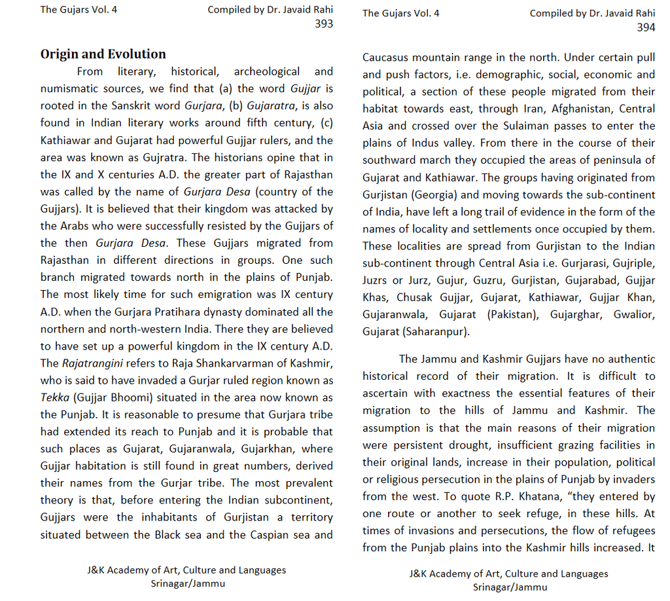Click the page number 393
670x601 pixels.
pyautogui.click(x=323, y=24)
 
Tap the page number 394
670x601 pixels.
pyautogui.click(x=645, y=27)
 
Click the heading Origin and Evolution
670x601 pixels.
pyautogui.click(x=103, y=54)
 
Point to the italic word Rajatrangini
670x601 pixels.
pyautogui.click(x=89, y=363)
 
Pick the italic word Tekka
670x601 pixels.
pyautogui.click(x=54, y=397)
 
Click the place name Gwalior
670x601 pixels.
pyautogui.click(x=633, y=315)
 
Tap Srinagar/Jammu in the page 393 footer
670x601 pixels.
pyautogui.click(x=187, y=583)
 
